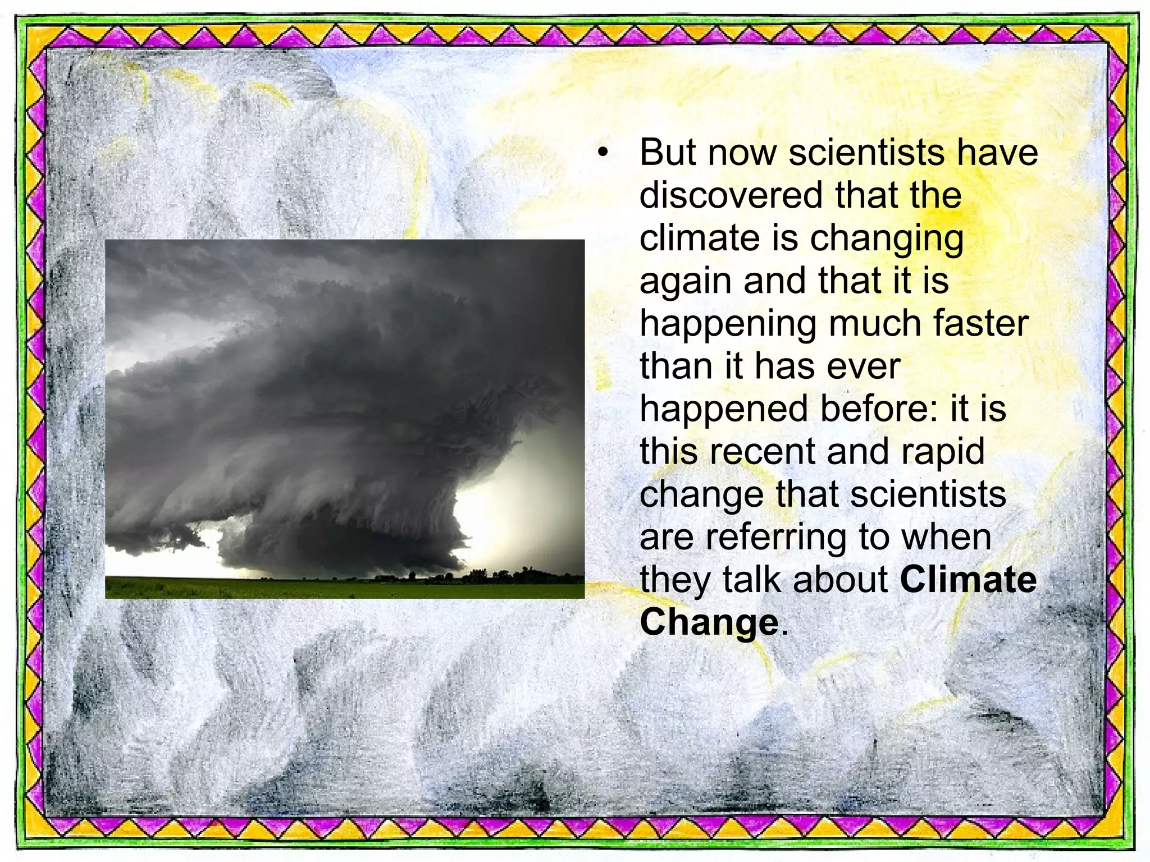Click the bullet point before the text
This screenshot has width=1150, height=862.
coord(603,153)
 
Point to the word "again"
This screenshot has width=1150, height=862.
coord(686,282)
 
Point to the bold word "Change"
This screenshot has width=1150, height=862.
coord(709,623)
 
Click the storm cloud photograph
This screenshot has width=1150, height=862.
coord(345,393)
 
